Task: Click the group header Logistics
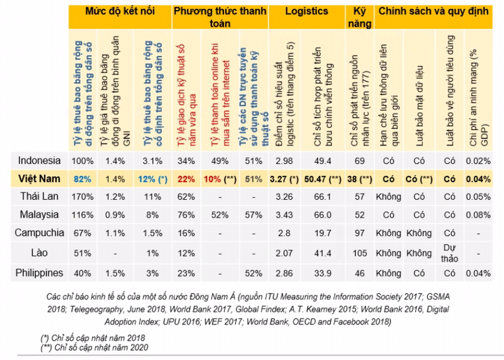(x=307, y=12)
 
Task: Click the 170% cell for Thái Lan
(x=82, y=196)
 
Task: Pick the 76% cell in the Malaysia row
(x=185, y=215)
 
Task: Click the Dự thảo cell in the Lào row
(x=450, y=253)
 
